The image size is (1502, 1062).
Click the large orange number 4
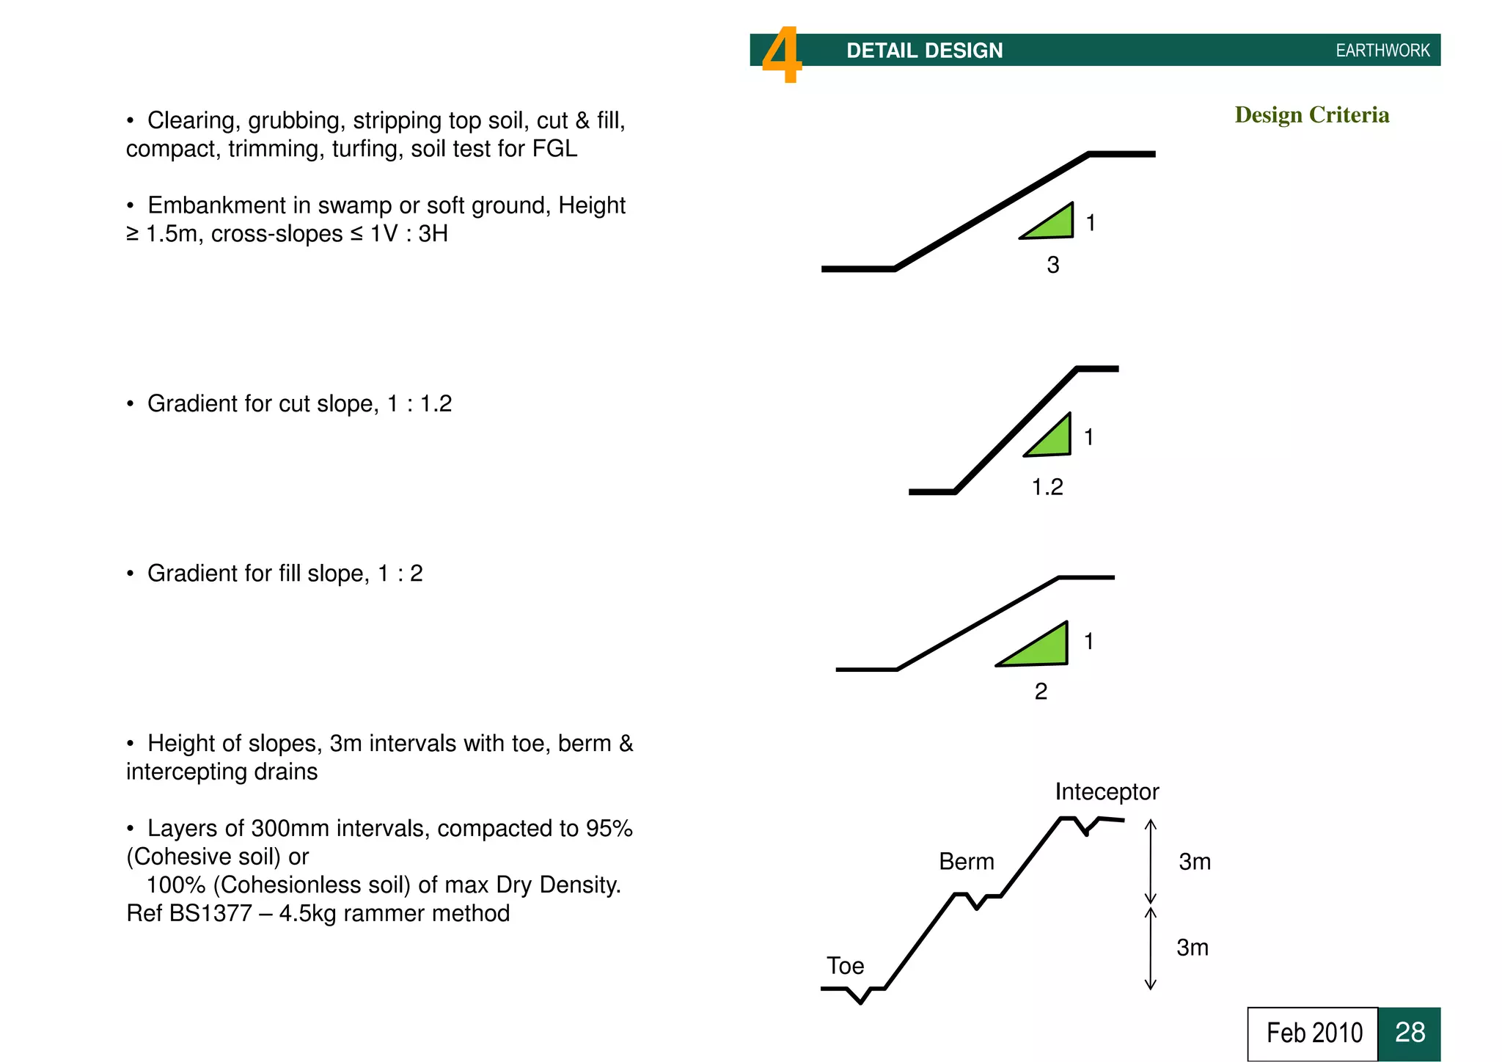(782, 55)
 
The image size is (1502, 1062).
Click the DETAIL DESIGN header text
(924, 51)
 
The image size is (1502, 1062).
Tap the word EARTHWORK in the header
(1382, 51)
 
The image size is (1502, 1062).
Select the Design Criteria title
(1311, 115)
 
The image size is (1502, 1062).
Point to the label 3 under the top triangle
(1052, 265)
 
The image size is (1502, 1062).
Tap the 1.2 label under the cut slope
(1047, 487)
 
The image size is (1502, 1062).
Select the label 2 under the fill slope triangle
(1041, 692)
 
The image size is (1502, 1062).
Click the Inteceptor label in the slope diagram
(1106, 792)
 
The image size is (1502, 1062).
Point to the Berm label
(966, 862)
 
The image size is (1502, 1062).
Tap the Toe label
(845, 966)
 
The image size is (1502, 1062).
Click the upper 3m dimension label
(1194, 862)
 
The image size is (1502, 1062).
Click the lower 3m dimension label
(1192, 948)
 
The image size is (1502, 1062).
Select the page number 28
(1409, 1033)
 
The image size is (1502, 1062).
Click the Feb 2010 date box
(1313, 1033)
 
